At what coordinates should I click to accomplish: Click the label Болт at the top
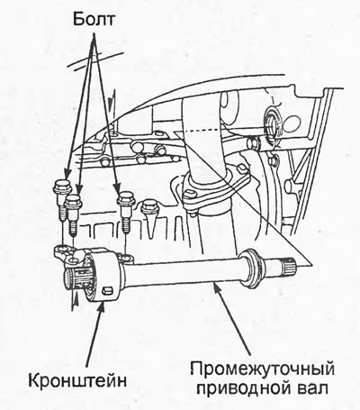(94, 20)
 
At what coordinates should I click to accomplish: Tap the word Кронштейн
(77, 381)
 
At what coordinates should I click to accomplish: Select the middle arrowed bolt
(74, 214)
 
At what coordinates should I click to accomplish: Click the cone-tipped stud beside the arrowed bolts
(150, 219)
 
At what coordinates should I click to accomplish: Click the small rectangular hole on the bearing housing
(107, 290)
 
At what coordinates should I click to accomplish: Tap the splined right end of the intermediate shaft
(290, 264)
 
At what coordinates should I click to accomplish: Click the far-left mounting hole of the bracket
(62, 249)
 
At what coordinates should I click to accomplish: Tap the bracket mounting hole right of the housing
(126, 257)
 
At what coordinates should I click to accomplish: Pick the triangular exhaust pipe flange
(216, 187)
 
